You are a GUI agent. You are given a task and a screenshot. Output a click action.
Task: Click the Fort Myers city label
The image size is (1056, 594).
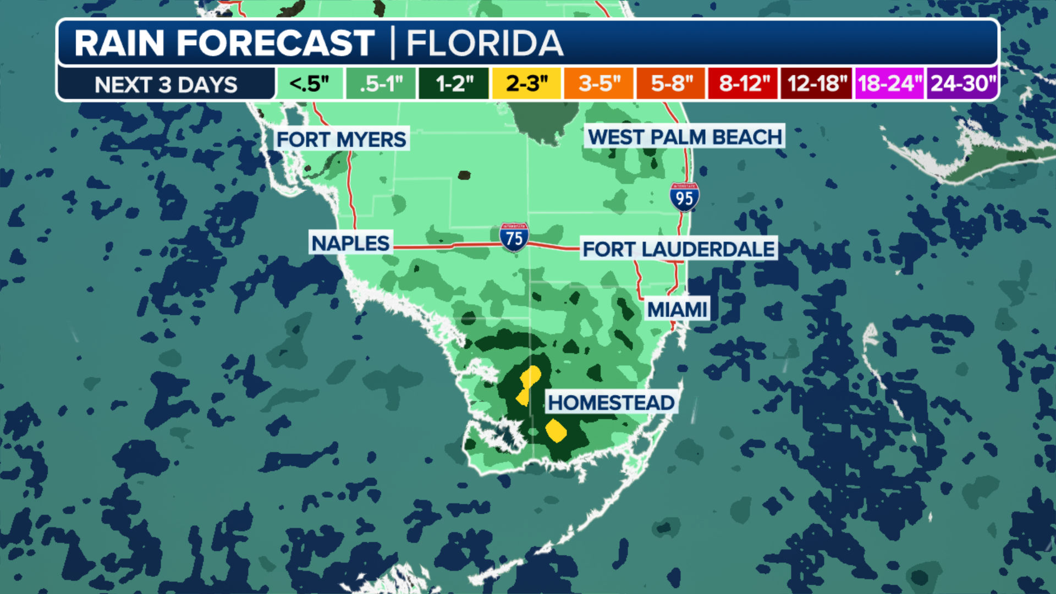point(341,140)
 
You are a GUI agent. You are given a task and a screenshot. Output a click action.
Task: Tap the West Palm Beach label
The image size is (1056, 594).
point(685,136)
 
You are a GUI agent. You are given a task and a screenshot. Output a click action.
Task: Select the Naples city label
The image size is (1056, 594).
point(350,243)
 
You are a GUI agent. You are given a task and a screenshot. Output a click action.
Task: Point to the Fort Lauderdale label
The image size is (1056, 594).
point(679,249)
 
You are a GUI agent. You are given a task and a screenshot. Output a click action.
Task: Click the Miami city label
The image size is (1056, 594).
point(677,310)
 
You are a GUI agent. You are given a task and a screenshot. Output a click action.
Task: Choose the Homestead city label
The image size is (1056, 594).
point(611,403)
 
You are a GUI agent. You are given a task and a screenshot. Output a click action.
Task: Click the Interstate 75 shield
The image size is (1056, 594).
point(514,237)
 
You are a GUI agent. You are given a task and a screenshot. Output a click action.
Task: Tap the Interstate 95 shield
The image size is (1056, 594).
point(684,197)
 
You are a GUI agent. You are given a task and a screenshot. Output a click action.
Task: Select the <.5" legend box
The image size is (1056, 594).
point(310,84)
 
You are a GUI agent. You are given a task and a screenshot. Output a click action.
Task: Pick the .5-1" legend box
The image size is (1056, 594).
point(381,84)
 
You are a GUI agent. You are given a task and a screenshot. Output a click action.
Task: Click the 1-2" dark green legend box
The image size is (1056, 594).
point(454,84)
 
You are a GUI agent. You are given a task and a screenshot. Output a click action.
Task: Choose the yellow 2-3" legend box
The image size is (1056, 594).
point(526,84)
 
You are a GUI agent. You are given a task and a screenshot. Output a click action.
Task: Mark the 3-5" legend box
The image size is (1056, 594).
point(599,84)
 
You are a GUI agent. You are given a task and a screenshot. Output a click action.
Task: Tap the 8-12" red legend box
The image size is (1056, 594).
point(743,84)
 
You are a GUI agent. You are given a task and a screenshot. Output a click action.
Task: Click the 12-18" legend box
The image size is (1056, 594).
point(816,84)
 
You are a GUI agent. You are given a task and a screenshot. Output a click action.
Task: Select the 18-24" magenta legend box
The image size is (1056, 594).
point(889,84)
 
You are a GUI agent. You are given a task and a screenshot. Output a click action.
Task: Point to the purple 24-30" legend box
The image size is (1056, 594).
point(963,84)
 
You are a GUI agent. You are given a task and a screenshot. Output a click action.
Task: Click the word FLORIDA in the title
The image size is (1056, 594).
point(485,43)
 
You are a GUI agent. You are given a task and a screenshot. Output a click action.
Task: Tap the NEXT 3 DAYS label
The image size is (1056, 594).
point(166,85)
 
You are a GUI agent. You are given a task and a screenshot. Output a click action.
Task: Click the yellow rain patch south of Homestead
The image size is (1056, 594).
point(556,430)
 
